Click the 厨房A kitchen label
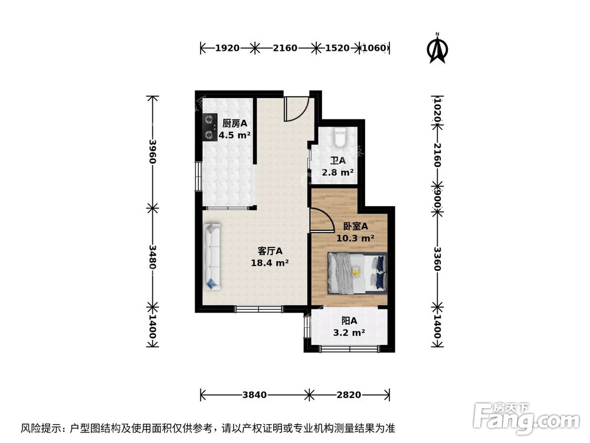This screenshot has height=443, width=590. click(x=234, y=123)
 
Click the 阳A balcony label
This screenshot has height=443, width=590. click(x=349, y=321)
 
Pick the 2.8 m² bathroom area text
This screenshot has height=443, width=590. click(x=337, y=172)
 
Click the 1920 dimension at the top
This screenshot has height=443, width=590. click(x=227, y=48)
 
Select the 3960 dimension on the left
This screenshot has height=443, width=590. click(x=152, y=152)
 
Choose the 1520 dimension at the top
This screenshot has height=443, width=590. click(x=337, y=48)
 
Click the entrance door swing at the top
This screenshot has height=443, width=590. click(x=295, y=109)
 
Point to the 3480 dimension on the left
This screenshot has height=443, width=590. click(x=152, y=257)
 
